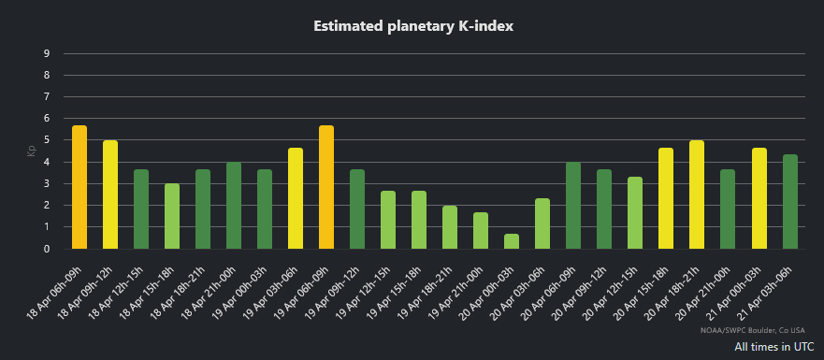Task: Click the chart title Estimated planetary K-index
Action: [412, 26]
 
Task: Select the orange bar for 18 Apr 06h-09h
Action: [80, 187]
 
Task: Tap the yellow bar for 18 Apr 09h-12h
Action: [110, 194]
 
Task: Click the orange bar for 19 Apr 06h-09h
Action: [326, 187]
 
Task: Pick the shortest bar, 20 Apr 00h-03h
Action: [512, 241]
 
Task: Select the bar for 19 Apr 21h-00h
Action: [481, 231]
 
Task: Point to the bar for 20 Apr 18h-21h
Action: [697, 194]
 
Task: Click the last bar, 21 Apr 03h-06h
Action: [789, 202]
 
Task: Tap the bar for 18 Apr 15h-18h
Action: [172, 216]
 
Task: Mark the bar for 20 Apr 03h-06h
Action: [542, 223]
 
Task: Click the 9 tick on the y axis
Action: [47, 53]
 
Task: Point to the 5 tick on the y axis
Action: [47, 140]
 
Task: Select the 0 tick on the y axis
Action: [47, 249]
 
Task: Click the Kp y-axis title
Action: [31, 151]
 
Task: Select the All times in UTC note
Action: [773, 347]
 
